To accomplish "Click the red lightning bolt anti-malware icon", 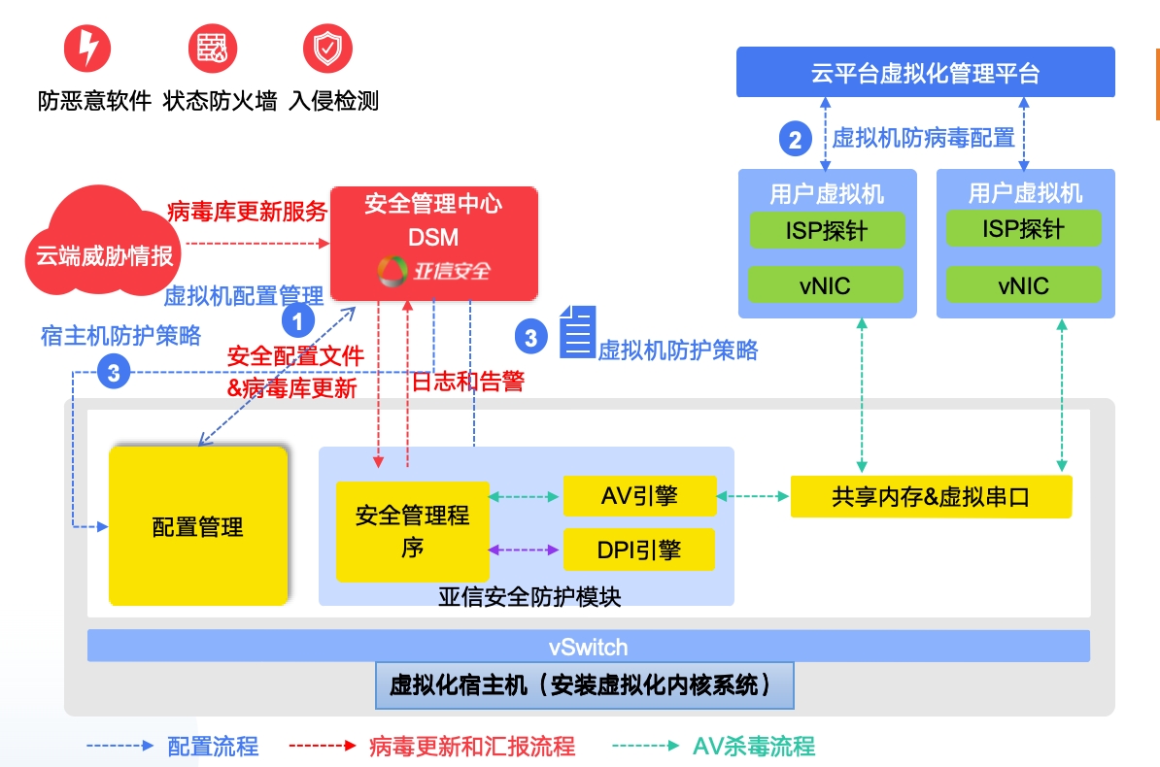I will (x=87, y=49).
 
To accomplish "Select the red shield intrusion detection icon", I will (x=327, y=48).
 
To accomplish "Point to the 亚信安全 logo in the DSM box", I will (x=434, y=271).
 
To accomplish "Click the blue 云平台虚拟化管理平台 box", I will (x=925, y=73).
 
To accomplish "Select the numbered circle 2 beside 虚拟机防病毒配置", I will (x=796, y=140).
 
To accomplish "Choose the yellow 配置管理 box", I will (x=198, y=526).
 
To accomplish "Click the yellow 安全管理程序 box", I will (x=412, y=531).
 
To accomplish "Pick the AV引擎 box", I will (x=638, y=496).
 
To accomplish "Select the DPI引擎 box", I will (x=638, y=550).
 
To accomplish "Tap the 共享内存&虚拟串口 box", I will (x=931, y=496).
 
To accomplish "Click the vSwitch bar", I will (x=588, y=647).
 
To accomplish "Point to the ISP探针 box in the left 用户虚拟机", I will (x=826, y=230).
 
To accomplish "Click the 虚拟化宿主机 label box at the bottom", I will (x=584, y=686).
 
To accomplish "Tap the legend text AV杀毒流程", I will (x=754, y=746).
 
